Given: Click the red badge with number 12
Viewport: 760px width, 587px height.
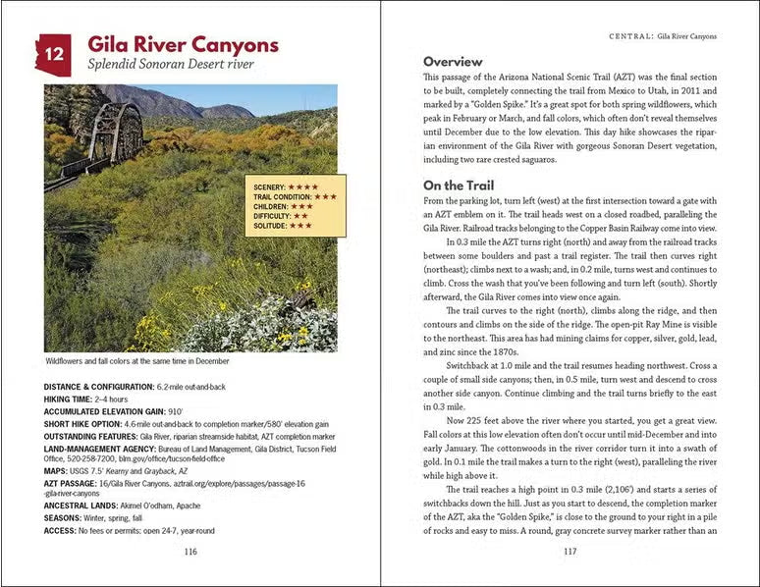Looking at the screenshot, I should click(x=54, y=55).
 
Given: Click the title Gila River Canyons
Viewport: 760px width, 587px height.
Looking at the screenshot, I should click(x=183, y=45).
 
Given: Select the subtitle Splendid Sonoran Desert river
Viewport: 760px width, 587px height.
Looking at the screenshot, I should click(x=171, y=65).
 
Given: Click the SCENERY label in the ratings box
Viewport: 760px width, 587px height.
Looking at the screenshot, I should click(x=270, y=187).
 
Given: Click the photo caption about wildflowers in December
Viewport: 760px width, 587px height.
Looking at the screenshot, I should click(x=137, y=360).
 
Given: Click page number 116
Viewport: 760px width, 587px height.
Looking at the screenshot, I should click(x=190, y=552).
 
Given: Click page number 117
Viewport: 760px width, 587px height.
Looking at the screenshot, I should click(x=570, y=552).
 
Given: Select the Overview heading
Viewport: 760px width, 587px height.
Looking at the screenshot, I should click(x=453, y=61).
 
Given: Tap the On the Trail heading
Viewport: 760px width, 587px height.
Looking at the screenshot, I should click(x=459, y=185).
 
